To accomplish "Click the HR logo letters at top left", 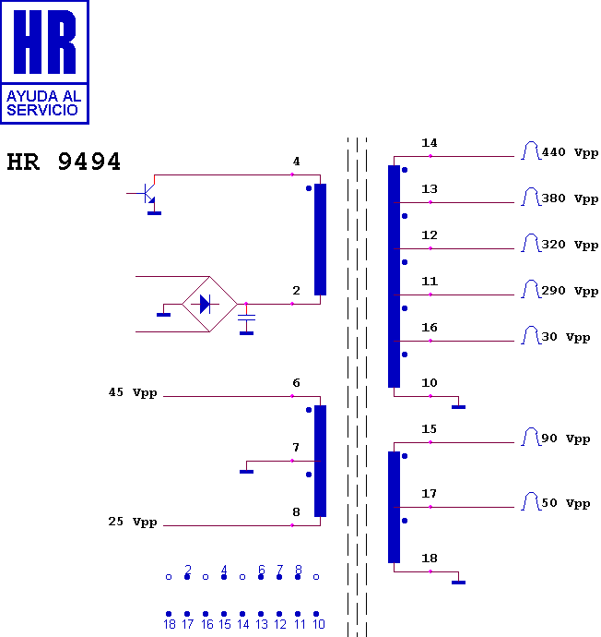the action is coord(44,42).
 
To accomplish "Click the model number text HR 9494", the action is coord(64,162).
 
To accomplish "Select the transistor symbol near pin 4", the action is coord(146,193).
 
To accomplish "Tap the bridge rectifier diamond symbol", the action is coord(209,304).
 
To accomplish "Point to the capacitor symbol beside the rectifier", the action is coord(246,318).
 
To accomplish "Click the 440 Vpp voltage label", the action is coord(570,152).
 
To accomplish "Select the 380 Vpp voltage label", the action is coord(570,199).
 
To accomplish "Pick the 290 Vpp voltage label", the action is coord(570,292).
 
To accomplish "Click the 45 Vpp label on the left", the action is coord(133,393).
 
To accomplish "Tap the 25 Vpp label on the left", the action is coord(133,522).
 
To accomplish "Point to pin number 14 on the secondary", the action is coord(430,143).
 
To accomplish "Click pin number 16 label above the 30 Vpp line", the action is coord(430,328).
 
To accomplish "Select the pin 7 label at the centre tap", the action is coord(296,448).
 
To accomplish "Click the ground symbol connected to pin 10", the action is coord(458,406).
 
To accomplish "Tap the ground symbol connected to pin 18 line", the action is coord(458,583).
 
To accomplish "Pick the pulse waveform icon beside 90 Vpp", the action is coord(531,437).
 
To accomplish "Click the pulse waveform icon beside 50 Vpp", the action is coord(531,501).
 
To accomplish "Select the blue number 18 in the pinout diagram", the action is coord(170,624).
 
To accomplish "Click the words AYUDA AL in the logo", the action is coord(44,96).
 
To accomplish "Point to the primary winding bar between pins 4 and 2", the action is coord(321,239).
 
